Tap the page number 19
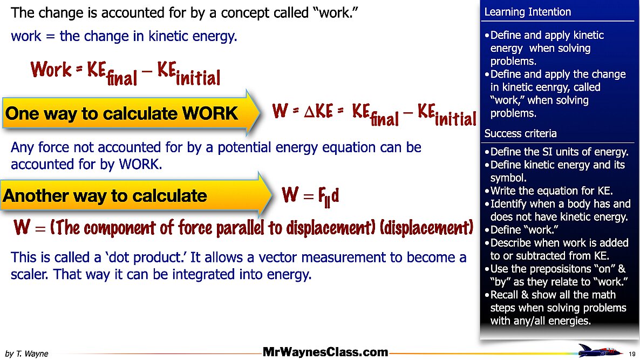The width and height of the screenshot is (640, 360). click(x=632, y=354)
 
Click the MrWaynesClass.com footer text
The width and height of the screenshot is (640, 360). click(x=325, y=352)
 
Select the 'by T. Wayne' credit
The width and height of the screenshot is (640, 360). click(x=26, y=354)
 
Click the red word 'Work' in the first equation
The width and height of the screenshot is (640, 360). click(x=51, y=70)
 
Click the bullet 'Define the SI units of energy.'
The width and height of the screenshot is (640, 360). click(x=559, y=151)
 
